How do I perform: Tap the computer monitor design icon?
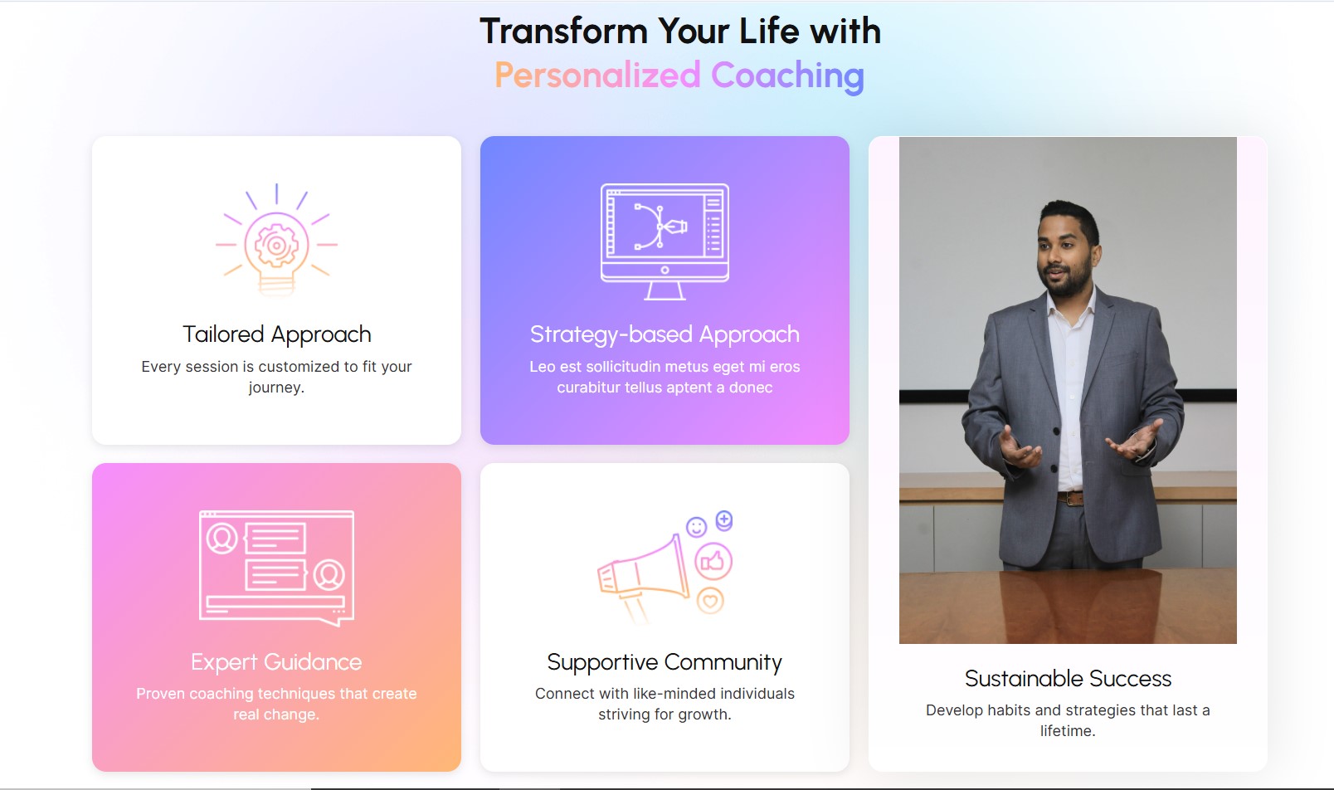click(x=665, y=241)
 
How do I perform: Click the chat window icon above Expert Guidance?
click(x=276, y=568)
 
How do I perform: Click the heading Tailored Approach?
click(x=276, y=334)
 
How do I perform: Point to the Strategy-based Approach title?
click(x=665, y=334)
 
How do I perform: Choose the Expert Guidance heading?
click(x=276, y=662)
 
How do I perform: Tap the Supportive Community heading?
click(x=665, y=662)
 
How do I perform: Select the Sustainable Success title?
click(x=1068, y=679)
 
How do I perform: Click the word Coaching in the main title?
click(x=787, y=76)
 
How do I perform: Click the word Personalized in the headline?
click(x=597, y=75)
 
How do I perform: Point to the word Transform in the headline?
click(x=563, y=31)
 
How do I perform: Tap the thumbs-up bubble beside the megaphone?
click(x=713, y=561)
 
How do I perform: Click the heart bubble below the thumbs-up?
click(x=710, y=600)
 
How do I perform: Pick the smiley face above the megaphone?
click(x=696, y=527)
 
